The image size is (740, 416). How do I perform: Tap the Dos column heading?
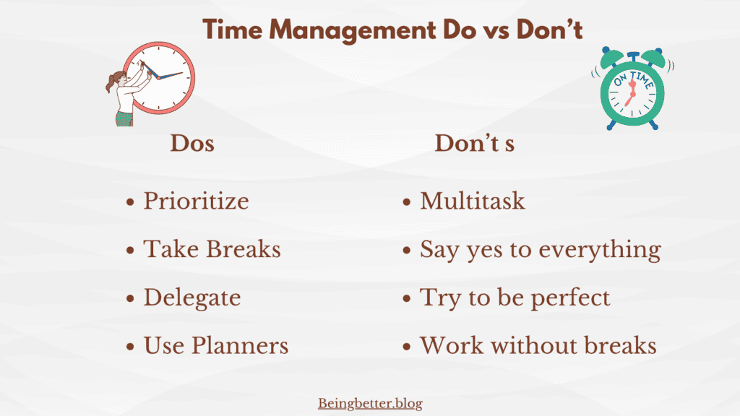click(192, 143)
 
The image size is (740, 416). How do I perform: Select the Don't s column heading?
click(474, 143)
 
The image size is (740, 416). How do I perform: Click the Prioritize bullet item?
click(196, 200)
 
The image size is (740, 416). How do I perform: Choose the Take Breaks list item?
click(212, 248)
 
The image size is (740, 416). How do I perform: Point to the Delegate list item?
click(192, 297)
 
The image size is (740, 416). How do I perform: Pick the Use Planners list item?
click(216, 345)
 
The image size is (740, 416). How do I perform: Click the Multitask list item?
click(473, 200)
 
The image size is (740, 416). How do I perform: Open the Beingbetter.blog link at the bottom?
click(370, 403)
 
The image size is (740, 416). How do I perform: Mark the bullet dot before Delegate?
click(131, 298)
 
